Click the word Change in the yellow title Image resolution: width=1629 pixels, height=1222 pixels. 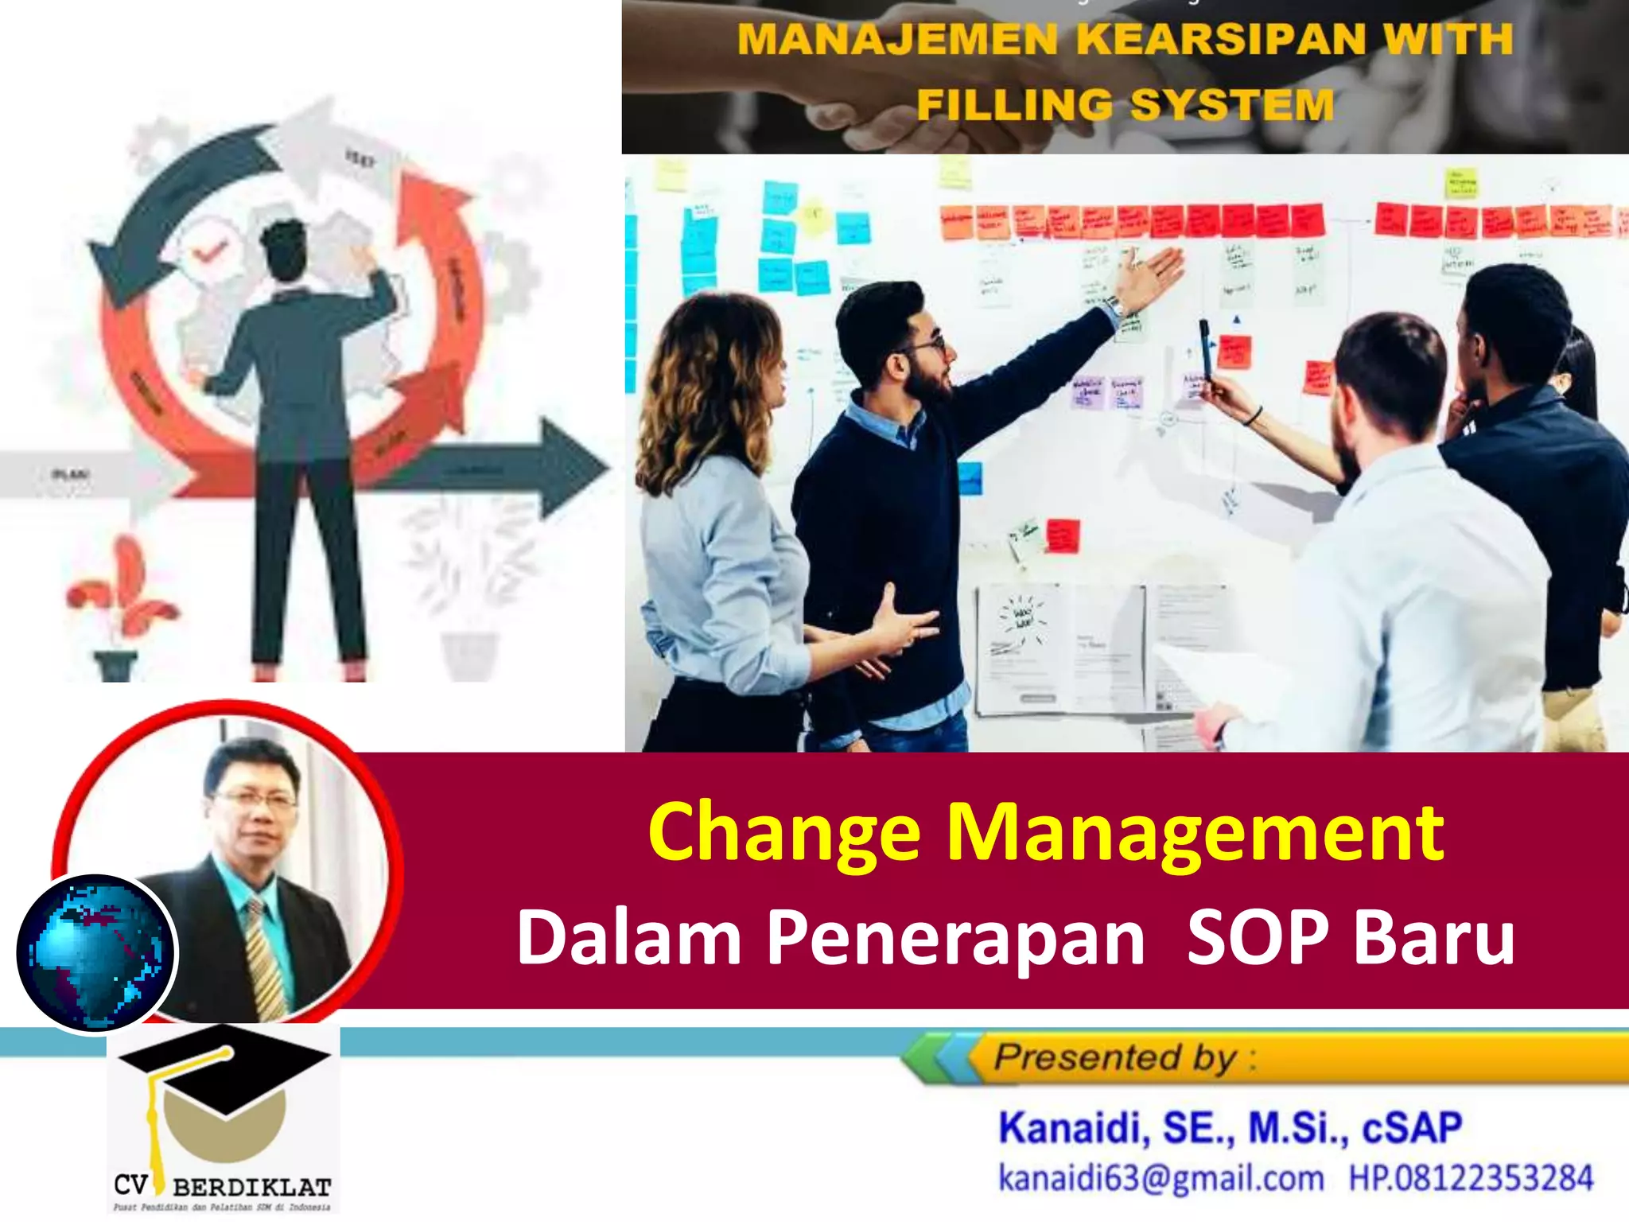coord(784,833)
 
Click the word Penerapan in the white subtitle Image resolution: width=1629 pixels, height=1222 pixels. coord(955,939)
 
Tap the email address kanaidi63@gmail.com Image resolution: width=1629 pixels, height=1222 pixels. coord(1161,1178)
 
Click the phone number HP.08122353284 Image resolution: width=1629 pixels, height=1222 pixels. coord(1472,1178)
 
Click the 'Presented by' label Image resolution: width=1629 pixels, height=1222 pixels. coord(1114,1058)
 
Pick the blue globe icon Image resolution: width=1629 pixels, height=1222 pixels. coord(95,952)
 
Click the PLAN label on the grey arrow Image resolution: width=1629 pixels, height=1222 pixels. coord(70,475)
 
